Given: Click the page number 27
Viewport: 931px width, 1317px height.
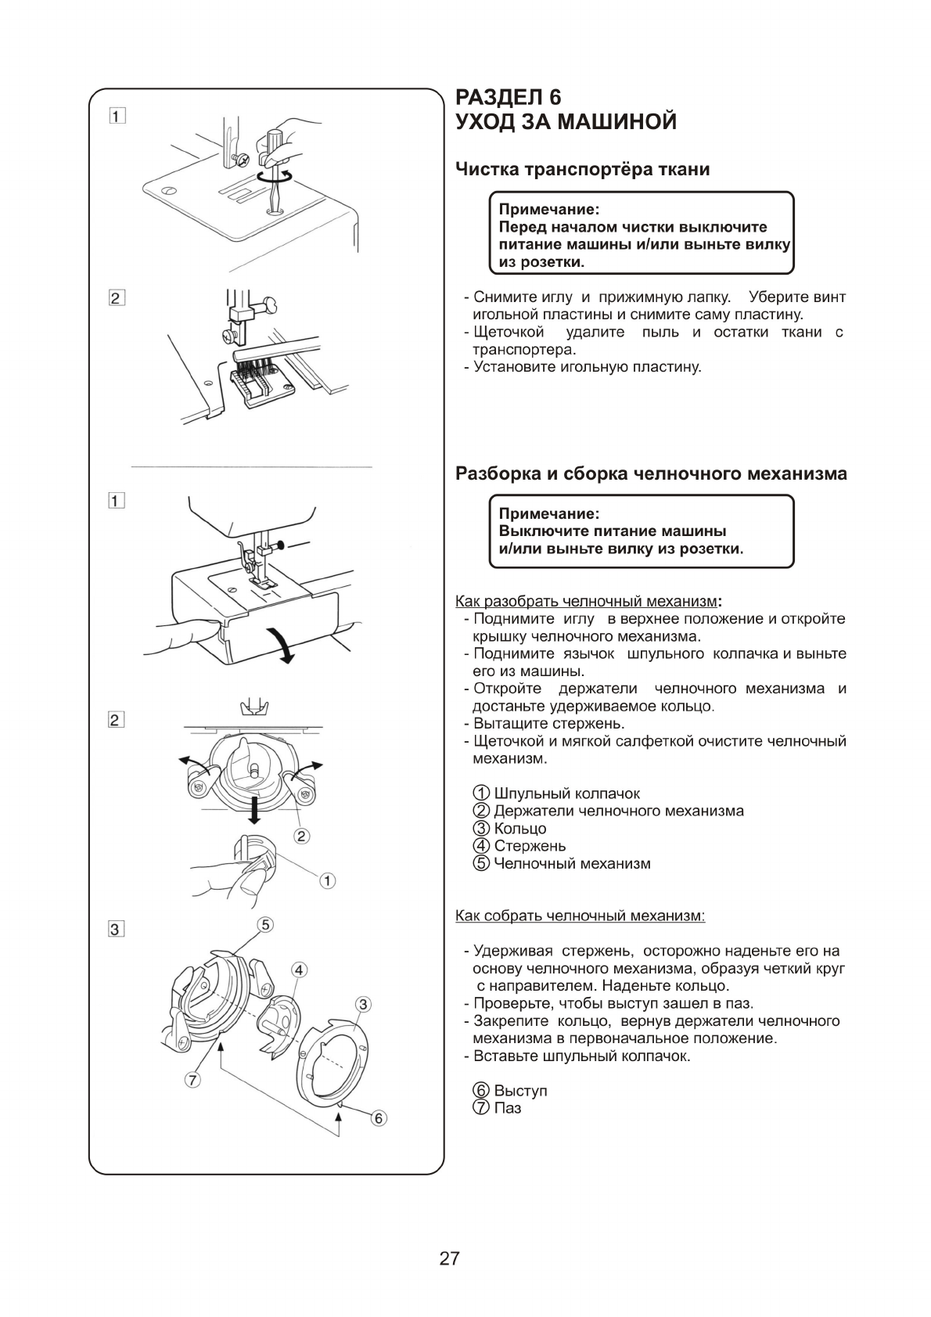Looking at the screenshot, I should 449,1258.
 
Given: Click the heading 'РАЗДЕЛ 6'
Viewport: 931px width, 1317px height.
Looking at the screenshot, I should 509,97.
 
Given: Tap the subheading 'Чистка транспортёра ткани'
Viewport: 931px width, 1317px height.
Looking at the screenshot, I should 582,169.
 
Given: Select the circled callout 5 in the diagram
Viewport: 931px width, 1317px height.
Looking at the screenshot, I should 266,925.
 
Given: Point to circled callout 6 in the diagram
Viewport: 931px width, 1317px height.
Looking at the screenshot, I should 379,1118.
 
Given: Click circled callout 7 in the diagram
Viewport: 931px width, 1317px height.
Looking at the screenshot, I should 192,1080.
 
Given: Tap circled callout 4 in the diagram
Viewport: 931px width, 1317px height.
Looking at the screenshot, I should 299,970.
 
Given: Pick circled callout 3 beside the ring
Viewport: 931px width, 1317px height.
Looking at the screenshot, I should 362,1004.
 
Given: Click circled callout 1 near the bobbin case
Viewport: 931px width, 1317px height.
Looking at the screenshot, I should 328,881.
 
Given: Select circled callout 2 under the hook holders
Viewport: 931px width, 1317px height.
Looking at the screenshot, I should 301,836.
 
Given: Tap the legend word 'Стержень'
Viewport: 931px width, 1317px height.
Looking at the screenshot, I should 530,846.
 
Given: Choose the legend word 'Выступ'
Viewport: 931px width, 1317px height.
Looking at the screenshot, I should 520,1091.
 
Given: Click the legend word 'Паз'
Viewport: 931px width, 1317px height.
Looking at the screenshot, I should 508,1108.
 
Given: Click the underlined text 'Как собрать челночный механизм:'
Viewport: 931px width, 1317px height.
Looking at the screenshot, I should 580,916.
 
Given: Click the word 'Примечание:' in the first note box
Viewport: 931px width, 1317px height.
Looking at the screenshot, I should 549,210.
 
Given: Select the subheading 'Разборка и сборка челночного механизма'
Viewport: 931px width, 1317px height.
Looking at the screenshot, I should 651,473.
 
